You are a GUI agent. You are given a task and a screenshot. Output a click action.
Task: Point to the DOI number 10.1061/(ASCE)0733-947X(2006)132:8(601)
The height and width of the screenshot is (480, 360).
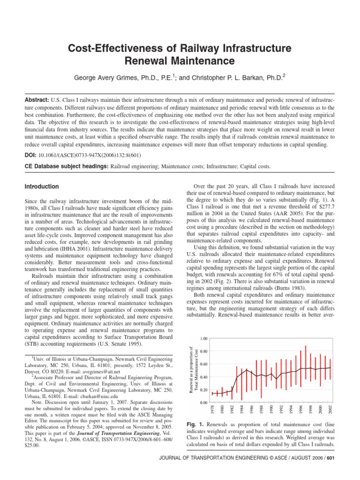tap(89, 155)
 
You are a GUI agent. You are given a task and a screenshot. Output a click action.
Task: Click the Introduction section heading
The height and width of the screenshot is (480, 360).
tap(42, 187)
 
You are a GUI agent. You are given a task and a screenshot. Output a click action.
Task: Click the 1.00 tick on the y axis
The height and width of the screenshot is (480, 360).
tap(203, 338)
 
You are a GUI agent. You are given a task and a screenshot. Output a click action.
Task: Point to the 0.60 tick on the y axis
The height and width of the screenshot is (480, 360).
tap(203, 364)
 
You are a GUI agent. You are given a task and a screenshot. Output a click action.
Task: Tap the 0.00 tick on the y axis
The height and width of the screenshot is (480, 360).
tap(203, 403)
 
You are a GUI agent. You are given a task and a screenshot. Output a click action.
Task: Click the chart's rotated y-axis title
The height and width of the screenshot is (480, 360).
tap(192, 370)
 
